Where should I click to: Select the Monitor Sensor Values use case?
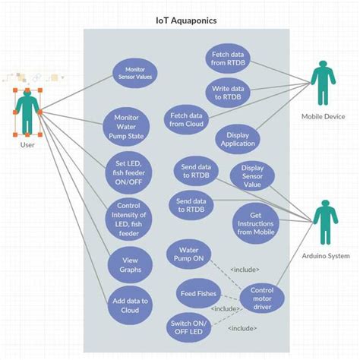tap(134, 73)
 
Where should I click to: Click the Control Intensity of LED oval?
tap(128, 219)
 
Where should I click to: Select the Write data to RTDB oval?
tap(228, 93)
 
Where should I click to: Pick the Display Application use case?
tap(238, 139)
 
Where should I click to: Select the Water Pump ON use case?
tap(190, 254)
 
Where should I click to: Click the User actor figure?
tap(28, 112)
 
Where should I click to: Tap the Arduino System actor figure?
tap(325, 223)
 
